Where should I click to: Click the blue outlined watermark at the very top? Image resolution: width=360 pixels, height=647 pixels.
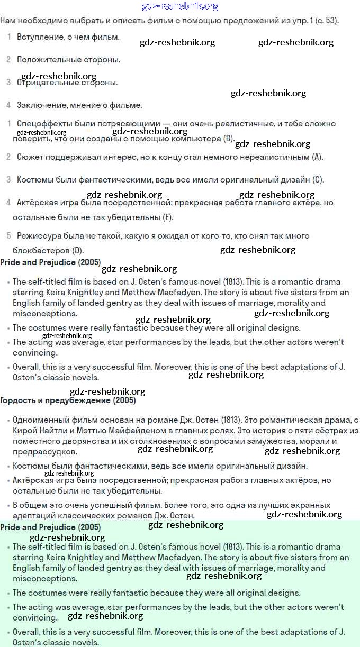[x=180, y=6]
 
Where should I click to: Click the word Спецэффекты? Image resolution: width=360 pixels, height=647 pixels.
[x=42, y=124]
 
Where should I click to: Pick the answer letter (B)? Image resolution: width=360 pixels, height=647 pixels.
[x=228, y=139]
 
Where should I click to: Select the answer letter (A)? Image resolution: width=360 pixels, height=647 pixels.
[x=317, y=157]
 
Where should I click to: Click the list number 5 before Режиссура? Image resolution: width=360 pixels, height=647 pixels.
[x=8, y=235]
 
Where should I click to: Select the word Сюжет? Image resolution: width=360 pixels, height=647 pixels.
[x=30, y=157]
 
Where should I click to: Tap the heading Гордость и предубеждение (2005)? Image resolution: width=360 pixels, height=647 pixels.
[x=68, y=400]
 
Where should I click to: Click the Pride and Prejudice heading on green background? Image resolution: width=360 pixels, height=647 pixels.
[x=50, y=527]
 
